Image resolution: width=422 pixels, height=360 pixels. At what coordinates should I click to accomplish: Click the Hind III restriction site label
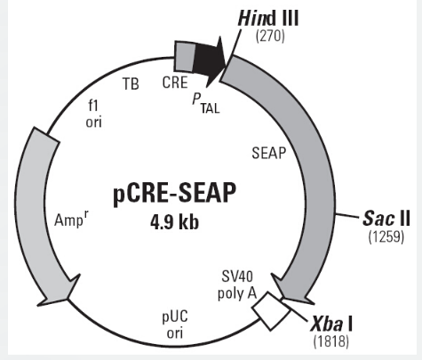click(268, 18)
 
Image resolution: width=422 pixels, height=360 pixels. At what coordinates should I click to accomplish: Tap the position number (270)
click(270, 36)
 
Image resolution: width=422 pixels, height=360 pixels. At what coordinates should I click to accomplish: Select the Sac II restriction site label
click(386, 219)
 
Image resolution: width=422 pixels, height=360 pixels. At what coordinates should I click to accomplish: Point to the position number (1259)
click(386, 237)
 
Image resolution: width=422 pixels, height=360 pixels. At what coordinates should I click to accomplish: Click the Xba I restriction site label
click(331, 324)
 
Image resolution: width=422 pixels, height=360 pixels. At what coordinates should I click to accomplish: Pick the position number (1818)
click(331, 341)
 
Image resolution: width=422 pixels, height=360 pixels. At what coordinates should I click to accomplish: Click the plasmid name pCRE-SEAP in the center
click(175, 193)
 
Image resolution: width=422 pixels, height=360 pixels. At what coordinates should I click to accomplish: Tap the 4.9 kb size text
click(174, 222)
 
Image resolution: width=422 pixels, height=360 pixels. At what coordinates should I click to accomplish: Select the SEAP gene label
click(269, 153)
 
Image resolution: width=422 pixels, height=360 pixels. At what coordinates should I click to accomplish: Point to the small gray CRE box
click(185, 56)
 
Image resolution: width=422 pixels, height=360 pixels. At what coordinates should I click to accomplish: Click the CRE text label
click(175, 83)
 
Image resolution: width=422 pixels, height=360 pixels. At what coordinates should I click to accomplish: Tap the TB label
click(131, 84)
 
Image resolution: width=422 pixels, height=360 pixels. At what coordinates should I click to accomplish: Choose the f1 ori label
click(93, 114)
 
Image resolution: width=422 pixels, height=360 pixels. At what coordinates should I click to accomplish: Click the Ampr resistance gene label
click(71, 220)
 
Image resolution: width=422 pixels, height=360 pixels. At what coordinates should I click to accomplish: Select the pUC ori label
click(175, 324)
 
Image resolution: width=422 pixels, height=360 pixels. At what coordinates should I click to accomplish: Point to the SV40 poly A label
click(237, 284)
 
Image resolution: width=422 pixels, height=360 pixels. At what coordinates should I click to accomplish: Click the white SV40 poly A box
click(271, 311)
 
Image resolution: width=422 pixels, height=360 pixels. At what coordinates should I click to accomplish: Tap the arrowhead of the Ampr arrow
click(59, 291)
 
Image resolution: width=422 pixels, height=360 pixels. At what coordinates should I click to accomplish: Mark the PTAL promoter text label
click(206, 103)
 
